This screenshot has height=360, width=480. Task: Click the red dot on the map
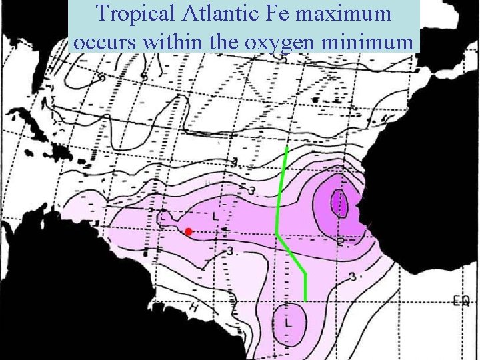pyautogui.click(x=189, y=231)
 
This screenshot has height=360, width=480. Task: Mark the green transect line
pyautogui.click(x=277, y=200)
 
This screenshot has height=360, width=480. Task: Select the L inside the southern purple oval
pyautogui.click(x=289, y=323)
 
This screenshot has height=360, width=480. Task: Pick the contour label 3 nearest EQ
pyautogui.click(x=352, y=276)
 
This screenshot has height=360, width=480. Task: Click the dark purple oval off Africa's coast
pyautogui.click(x=339, y=203)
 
